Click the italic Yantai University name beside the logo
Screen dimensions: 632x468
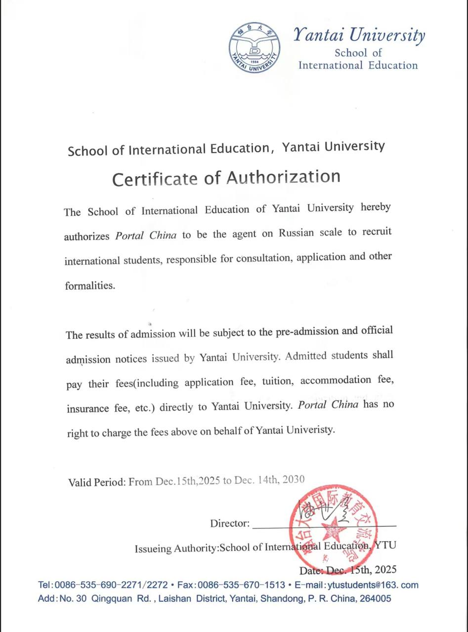[x=359, y=36]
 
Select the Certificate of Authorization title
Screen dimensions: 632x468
[x=226, y=177]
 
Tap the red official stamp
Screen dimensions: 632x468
[x=333, y=526]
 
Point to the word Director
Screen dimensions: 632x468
[x=230, y=523]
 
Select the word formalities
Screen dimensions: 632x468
[x=89, y=286]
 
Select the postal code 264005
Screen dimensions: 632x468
[x=375, y=598]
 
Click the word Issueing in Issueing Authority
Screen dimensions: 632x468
[x=153, y=548]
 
